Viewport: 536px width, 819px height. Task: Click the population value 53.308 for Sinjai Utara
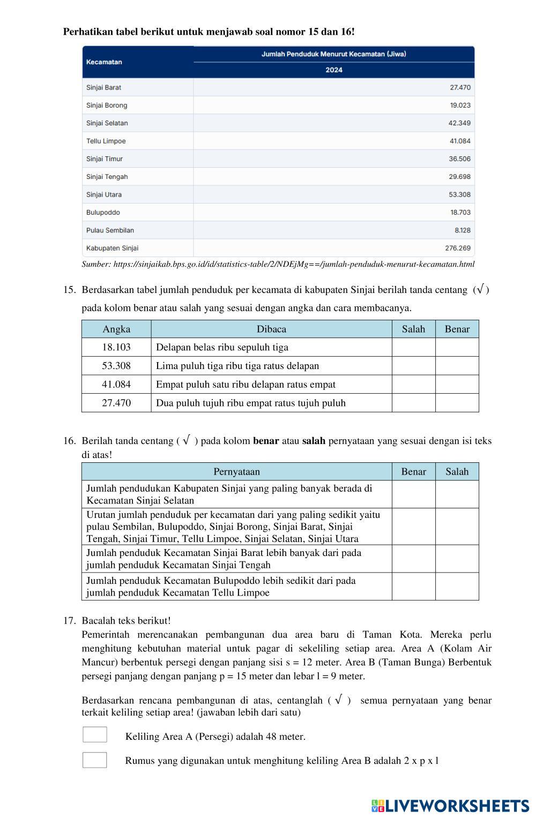(x=459, y=194)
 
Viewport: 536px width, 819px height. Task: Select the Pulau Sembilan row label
(x=110, y=230)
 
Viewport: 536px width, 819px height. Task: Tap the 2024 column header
(x=333, y=70)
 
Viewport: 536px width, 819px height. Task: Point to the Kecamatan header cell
(x=104, y=62)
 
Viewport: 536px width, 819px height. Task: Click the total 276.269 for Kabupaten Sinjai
(x=458, y=248)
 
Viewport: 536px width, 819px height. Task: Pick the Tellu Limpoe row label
(x=106, y=141)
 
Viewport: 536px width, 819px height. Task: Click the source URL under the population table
(x=278, y=264)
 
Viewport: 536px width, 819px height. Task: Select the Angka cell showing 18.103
(x=116, y=347)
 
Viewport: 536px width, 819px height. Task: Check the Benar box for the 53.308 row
(x=457, y=366)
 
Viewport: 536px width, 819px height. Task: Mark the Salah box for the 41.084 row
(x=413, y=385)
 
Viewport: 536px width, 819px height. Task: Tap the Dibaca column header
(x=271, y=329)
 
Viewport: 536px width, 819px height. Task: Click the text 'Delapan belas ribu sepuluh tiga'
(x=222, y=347)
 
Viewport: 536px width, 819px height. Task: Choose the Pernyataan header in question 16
(x=236, y=471)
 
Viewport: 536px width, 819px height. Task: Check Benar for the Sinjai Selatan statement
(x=413, y=494)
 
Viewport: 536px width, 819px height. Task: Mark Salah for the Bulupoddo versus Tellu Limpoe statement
(x=457, y=587)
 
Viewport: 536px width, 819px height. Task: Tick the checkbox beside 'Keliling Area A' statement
(x=95, y=734)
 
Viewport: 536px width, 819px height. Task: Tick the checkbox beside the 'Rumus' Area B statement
(x=95, y=760)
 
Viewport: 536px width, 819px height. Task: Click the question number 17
(x=69, y=620)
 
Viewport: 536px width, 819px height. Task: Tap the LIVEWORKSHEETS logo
(x=450, y=806)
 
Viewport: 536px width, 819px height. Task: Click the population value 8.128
(x=462, y=230)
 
